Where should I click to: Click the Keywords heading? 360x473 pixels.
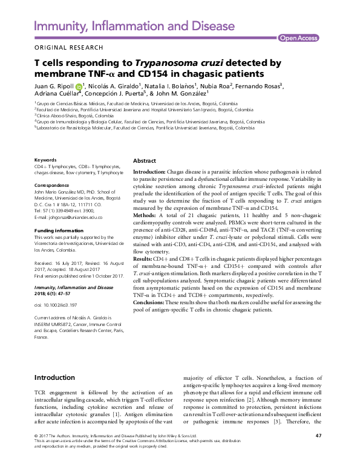[x=45, y=160]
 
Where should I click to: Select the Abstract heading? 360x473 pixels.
[x=145, y=161]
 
